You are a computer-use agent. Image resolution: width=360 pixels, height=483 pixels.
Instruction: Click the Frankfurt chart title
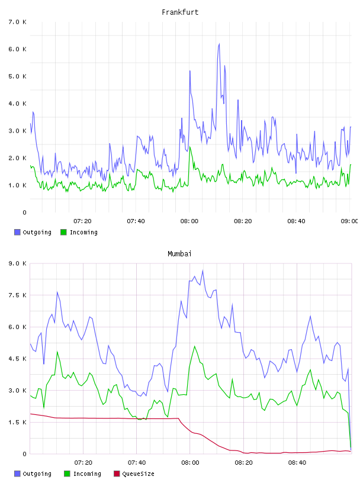180,12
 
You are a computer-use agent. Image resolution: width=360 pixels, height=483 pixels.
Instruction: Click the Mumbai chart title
179,253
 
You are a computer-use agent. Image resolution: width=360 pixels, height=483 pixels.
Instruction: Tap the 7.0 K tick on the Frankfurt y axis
18,22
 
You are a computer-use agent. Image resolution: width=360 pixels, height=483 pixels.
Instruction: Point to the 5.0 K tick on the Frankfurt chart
18,76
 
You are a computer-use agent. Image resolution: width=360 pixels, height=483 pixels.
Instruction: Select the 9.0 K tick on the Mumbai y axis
18,263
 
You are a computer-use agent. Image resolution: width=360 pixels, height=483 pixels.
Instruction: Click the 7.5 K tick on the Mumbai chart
18,295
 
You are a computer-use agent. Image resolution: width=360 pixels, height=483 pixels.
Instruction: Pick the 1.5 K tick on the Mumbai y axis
18,422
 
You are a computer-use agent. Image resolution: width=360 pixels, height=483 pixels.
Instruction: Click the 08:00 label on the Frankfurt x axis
189,221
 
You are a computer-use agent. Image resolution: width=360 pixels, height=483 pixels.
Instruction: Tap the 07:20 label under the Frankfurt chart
82,221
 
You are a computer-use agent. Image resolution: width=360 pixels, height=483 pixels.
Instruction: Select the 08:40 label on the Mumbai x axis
297,462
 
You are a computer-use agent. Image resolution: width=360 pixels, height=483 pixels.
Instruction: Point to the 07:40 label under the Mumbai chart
137,462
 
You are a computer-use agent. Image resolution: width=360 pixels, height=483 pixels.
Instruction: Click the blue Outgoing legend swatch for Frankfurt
17,232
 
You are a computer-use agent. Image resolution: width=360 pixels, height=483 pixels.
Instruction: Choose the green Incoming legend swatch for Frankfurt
63,232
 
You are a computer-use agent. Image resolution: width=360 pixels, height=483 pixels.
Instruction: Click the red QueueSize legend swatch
117,474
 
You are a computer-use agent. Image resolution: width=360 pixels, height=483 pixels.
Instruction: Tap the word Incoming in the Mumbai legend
87,474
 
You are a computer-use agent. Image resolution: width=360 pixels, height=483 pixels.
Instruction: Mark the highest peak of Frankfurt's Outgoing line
219,44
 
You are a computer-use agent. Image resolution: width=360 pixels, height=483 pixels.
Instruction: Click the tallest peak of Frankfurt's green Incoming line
190,147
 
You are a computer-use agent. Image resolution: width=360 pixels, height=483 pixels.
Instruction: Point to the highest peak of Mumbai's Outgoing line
203,271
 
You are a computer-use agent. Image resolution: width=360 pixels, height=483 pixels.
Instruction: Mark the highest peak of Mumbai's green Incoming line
194,346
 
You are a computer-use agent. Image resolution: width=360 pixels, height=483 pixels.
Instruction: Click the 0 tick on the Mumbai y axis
24,454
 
